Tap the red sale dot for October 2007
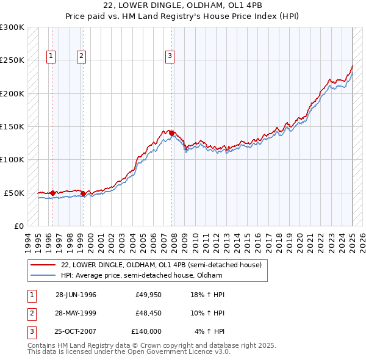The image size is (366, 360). (x=172, y=133)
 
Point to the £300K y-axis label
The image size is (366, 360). (x=12, y=27)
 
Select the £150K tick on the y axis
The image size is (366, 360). (x=12, y=127)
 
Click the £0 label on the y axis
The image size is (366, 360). (x=18, y=226)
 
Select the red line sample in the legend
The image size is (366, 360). (x=42, y=265)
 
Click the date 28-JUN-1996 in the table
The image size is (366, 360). (x=76, y=295)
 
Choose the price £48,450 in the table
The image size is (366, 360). (x=148, y=313)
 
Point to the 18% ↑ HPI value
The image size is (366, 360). (x=209, y=295)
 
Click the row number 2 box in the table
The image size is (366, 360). (x=31, y=313)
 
